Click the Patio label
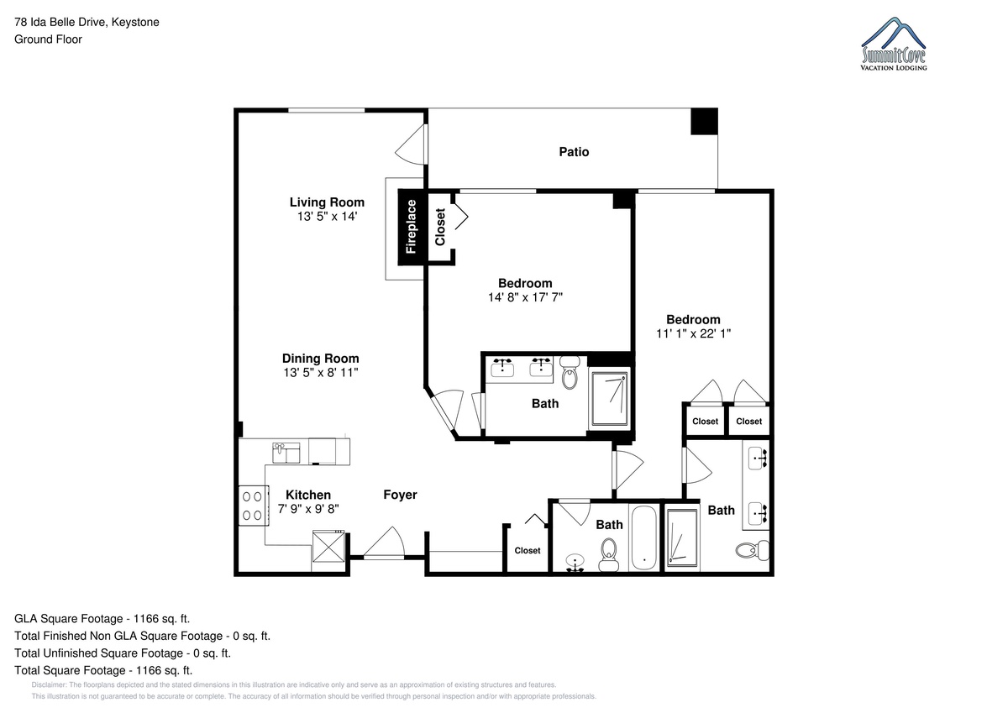574,152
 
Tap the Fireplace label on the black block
411,227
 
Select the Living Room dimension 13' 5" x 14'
327,217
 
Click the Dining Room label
320,359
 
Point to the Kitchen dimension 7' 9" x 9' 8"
308,509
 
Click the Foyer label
400,495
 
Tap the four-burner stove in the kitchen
254,506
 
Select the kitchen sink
286,453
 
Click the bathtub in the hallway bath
644,538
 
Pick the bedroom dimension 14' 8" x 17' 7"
525,297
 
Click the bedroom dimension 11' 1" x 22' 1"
694,333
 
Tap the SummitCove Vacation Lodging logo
894,44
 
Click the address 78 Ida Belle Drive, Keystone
87,22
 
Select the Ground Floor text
48,39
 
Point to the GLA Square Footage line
102,619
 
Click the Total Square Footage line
103,670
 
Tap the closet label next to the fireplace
439,228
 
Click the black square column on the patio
704,122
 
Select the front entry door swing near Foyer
384,543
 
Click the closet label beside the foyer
528,551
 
